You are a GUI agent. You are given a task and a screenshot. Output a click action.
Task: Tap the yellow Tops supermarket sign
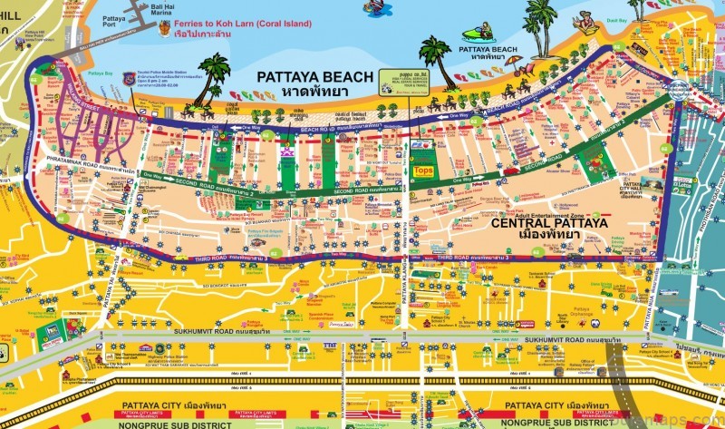click(422, 170)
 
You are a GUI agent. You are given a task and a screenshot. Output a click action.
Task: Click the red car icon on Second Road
click(513, 170)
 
